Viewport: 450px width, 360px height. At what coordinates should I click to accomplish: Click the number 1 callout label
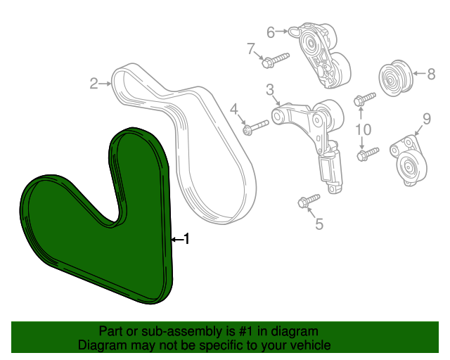pos(186,240)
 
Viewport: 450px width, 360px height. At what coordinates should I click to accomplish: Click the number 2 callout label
pos(93,84)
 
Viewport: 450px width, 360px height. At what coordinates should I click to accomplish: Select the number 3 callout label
pos(269,89)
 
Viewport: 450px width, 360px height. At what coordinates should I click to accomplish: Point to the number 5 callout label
pos(319,224)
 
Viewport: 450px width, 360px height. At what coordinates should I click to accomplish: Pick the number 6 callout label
pos(270,32)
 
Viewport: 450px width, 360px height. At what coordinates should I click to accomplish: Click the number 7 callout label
pos(250,49)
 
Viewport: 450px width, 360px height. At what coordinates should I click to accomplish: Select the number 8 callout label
pos(432,72)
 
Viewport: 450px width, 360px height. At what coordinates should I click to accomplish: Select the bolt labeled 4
pos(256,127)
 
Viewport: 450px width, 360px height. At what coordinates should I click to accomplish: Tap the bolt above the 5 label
pos(308,201)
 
